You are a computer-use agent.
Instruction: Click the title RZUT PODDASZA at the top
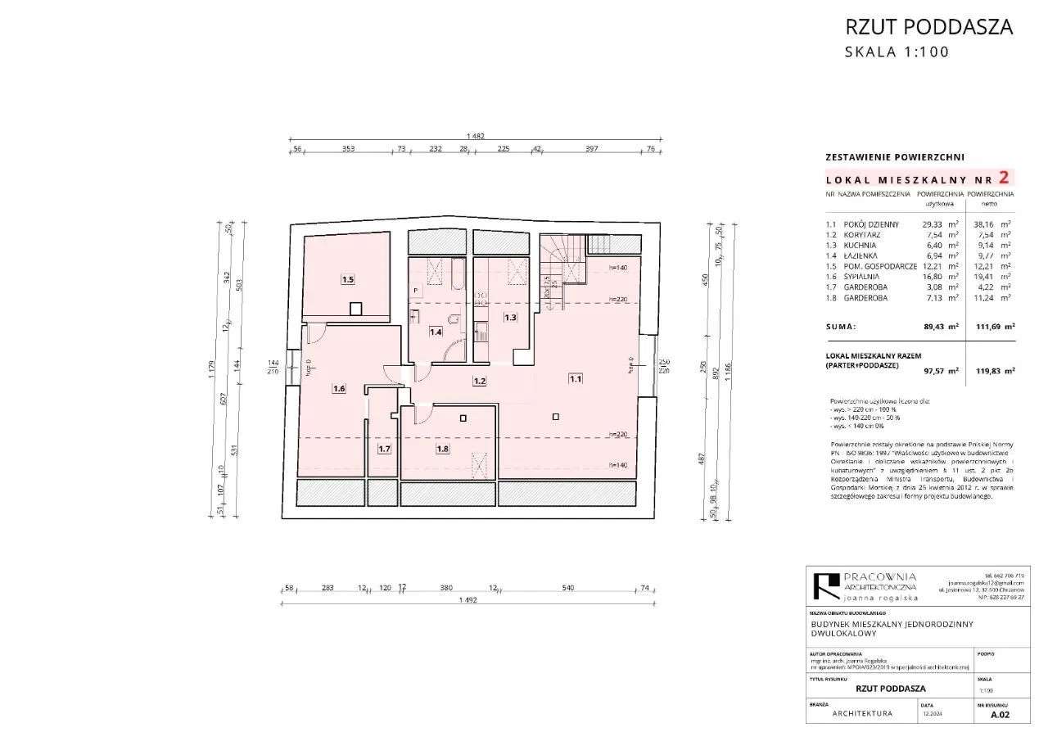[928, 26]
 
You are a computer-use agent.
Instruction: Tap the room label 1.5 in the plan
[347, 279]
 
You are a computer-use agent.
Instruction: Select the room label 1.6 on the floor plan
[338, 389]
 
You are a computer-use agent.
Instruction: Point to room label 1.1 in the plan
[576, 379]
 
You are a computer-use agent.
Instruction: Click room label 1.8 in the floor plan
[442, 449]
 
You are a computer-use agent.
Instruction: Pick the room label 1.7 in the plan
[383, 449]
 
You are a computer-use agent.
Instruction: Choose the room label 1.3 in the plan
[510, 317]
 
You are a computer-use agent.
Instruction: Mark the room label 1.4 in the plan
[436, 332]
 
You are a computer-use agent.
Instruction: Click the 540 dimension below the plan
[569, 587]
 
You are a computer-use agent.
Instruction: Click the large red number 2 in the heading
[1005, 176]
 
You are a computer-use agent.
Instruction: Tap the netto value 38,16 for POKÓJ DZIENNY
[992, 224]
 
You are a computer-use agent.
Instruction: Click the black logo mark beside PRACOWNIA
[821, 586]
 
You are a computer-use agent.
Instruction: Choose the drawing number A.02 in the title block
[1000, 714]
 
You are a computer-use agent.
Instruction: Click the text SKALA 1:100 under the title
[897, 52]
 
